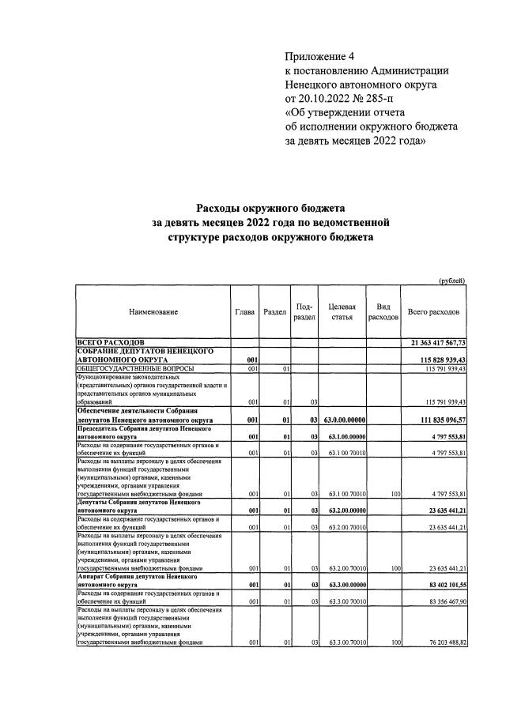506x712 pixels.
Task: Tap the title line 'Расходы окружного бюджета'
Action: [270, 209]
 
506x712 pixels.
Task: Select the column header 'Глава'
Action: [245, 312]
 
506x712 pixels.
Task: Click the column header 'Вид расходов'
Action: [384, 312]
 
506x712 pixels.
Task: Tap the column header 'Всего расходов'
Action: [434, 312]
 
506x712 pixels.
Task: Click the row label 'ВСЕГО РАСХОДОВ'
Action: [110, 342]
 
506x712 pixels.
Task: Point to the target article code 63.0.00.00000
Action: [346, 420]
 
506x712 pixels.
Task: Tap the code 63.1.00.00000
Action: [346, 436]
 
